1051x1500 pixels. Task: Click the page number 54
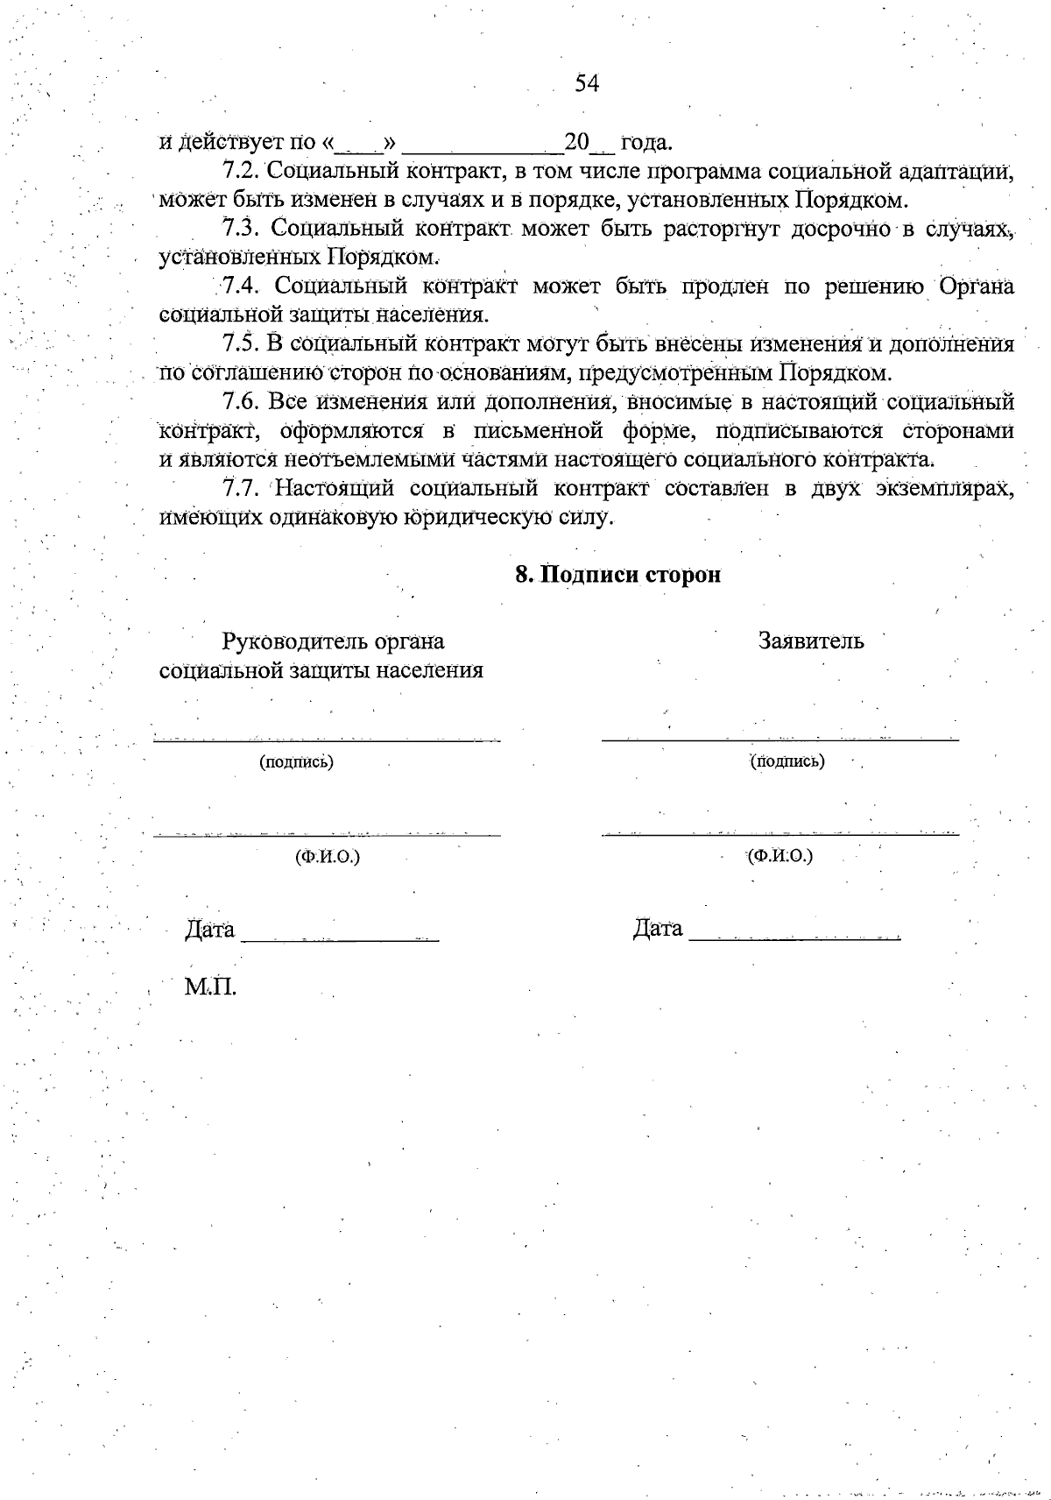click(x=587, y=83)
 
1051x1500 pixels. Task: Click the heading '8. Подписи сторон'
click(x=617, y=575)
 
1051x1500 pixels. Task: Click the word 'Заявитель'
click(x=811, y=640)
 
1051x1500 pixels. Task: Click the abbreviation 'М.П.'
click(x=210, y=987)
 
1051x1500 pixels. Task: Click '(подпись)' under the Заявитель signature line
click(x=786, y=761)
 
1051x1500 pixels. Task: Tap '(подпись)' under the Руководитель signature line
click(x=296, y=762)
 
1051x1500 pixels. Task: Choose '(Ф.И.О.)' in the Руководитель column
click(x=328, y=856)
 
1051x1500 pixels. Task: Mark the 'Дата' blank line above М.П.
click(x=340, y=938)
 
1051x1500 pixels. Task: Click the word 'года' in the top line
click(x=645, y=142)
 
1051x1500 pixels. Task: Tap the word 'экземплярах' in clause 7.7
click(x=945, y=487)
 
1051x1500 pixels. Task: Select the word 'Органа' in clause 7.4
click(x=977, y=286)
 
